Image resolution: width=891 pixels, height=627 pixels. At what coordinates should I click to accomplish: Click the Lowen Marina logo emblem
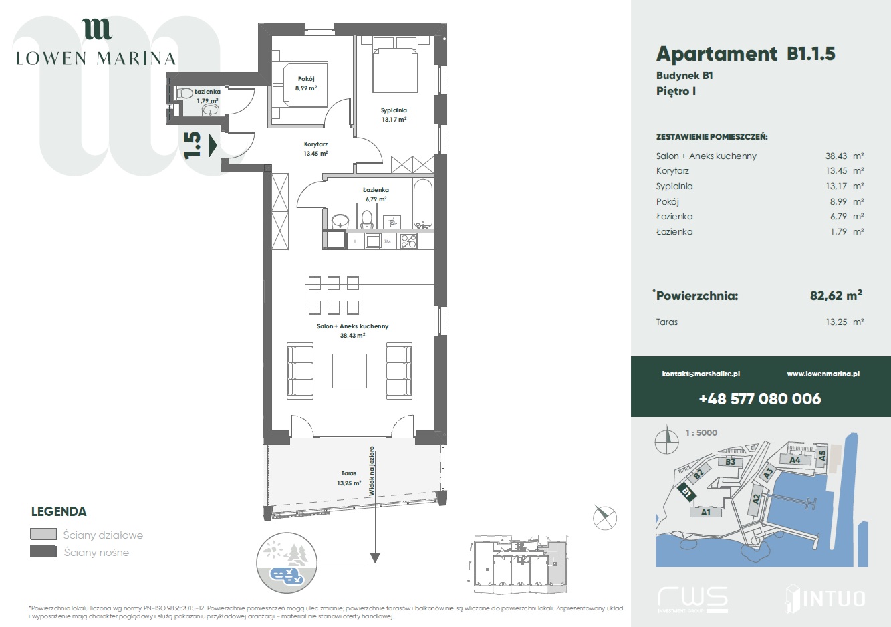tap(97, 29)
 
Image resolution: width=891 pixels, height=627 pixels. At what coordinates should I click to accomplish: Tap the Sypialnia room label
tap(394, 110)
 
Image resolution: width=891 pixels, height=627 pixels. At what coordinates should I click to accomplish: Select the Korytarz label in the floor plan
tap(315, 144)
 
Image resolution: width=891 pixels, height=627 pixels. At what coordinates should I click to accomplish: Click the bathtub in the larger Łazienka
tap(422, 204)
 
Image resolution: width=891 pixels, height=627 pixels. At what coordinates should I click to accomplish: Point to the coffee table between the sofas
tap(349, 371)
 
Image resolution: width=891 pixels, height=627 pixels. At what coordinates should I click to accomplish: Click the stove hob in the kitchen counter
tap(408, 241)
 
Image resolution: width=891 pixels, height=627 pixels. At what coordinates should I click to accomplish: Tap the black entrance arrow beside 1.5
tap(213, 146)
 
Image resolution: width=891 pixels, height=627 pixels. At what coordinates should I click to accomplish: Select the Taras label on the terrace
tap(348, 473)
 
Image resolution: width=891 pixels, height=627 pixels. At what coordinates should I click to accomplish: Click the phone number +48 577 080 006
tap(760, 398)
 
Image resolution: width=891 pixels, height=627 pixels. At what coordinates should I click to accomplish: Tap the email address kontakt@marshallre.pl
tap(701, 374)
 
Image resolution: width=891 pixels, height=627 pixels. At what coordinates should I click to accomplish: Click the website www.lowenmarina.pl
tap(823, 374)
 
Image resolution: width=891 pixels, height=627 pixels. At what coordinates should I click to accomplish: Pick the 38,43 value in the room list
tap(836, 156)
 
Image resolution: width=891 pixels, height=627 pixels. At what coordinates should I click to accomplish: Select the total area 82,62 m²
tap(836, 295)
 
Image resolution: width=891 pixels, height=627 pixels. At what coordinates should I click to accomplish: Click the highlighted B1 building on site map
tap(687, 492)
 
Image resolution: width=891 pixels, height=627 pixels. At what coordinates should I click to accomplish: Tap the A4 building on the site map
tap(794, 459)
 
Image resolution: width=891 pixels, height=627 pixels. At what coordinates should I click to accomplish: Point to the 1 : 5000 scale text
tap(701, 433)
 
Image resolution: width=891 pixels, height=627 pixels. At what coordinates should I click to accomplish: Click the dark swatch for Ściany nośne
tap(43, 552)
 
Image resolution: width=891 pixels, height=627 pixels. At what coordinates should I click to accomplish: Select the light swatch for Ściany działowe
tap(43, 534)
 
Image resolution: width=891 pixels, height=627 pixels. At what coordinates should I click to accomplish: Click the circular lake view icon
tap(286, 563)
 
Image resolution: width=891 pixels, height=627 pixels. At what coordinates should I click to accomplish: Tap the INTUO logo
tap(825, 598)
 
